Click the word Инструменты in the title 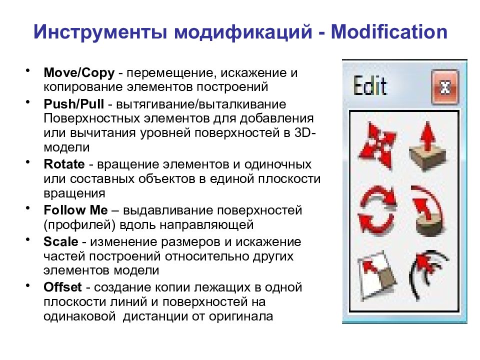(100, 32)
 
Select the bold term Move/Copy (79, 73)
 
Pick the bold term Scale (61, 242)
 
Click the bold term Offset (61, 287)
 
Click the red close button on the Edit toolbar (444, 88)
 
